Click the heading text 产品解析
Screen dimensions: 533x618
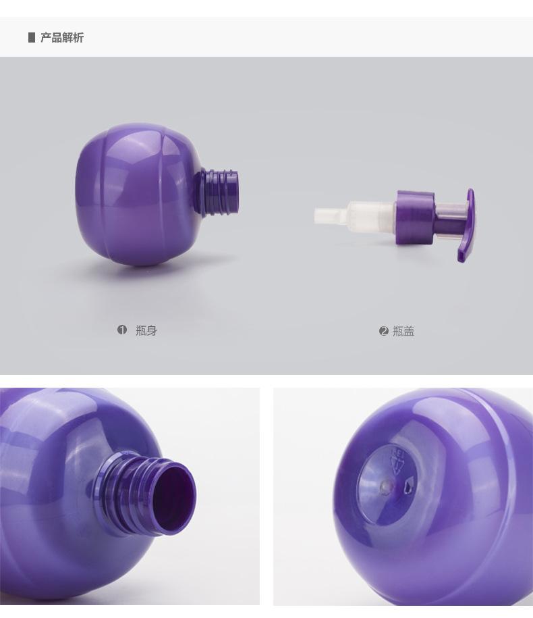(62, 37)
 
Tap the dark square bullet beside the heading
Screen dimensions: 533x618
(32, 37)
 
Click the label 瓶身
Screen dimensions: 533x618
(146, 330)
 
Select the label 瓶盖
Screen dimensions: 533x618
(403, 331)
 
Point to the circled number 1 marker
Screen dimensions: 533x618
(122, 330)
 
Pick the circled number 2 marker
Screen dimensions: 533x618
(384, 331)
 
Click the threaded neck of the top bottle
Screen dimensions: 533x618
(219, 192)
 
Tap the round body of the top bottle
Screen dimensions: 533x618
(138, 194)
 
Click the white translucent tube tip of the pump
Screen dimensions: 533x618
(331, 216)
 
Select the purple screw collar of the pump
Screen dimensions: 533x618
(416, 217)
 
